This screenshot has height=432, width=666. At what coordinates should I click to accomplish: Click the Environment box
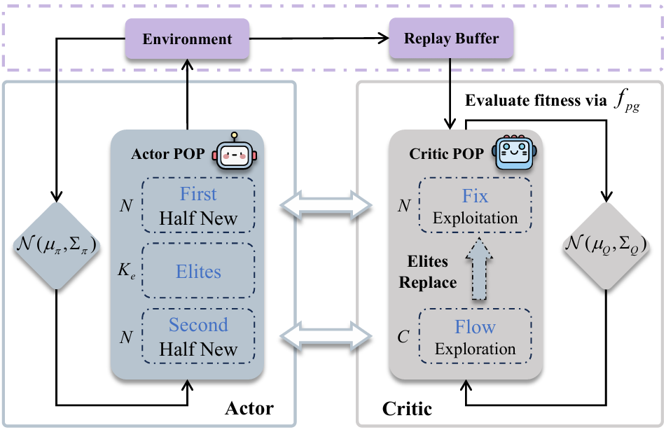point(187,38)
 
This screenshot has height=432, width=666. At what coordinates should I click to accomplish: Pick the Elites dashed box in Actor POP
point(198,271)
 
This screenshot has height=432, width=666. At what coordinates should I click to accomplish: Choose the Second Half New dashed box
point(198,337)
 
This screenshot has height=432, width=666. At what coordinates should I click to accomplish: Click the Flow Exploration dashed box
point(475,337)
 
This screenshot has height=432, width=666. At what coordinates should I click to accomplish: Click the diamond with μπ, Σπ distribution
point(56,245)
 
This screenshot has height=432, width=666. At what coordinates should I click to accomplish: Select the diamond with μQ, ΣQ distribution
point(606,245)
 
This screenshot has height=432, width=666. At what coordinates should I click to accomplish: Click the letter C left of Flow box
point(403,337)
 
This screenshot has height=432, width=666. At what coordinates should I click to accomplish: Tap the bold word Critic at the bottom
point(408,407)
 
